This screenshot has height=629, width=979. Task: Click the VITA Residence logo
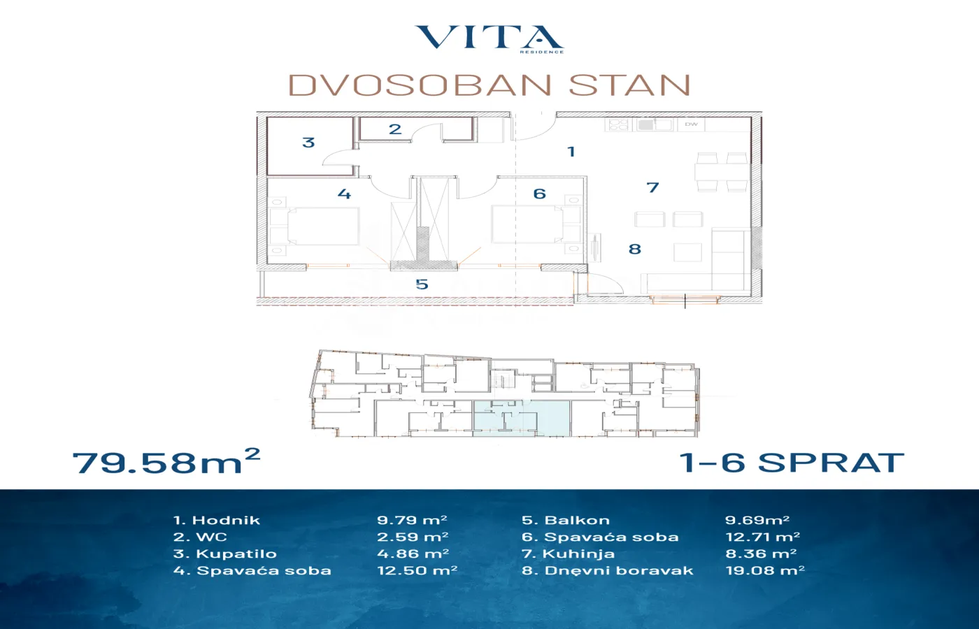[489, 39]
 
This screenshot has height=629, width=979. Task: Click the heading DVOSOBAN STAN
[489, 85]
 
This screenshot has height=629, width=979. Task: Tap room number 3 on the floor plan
[308, 143]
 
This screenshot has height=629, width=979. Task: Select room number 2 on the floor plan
[395, 129]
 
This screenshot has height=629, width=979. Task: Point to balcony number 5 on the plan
[422, 284]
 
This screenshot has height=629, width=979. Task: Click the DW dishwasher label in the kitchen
[691, 124]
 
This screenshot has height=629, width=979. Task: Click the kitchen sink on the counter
[655, 125]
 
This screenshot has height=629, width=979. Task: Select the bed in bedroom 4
[315, 226]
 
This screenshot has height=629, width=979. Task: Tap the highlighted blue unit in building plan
[522, 419]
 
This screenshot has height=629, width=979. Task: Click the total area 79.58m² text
[166, 461]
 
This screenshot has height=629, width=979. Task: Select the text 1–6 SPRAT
[792, 463]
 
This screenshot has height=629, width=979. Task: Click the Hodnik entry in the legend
[217, 520]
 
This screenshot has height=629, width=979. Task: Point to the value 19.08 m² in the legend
[765, 570]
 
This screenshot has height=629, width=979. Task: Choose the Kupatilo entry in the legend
[225, 554]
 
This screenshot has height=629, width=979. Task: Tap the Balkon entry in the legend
[566, 520]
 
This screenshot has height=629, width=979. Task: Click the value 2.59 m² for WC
[413, 537]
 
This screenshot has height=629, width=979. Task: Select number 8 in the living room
[635, 249]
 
